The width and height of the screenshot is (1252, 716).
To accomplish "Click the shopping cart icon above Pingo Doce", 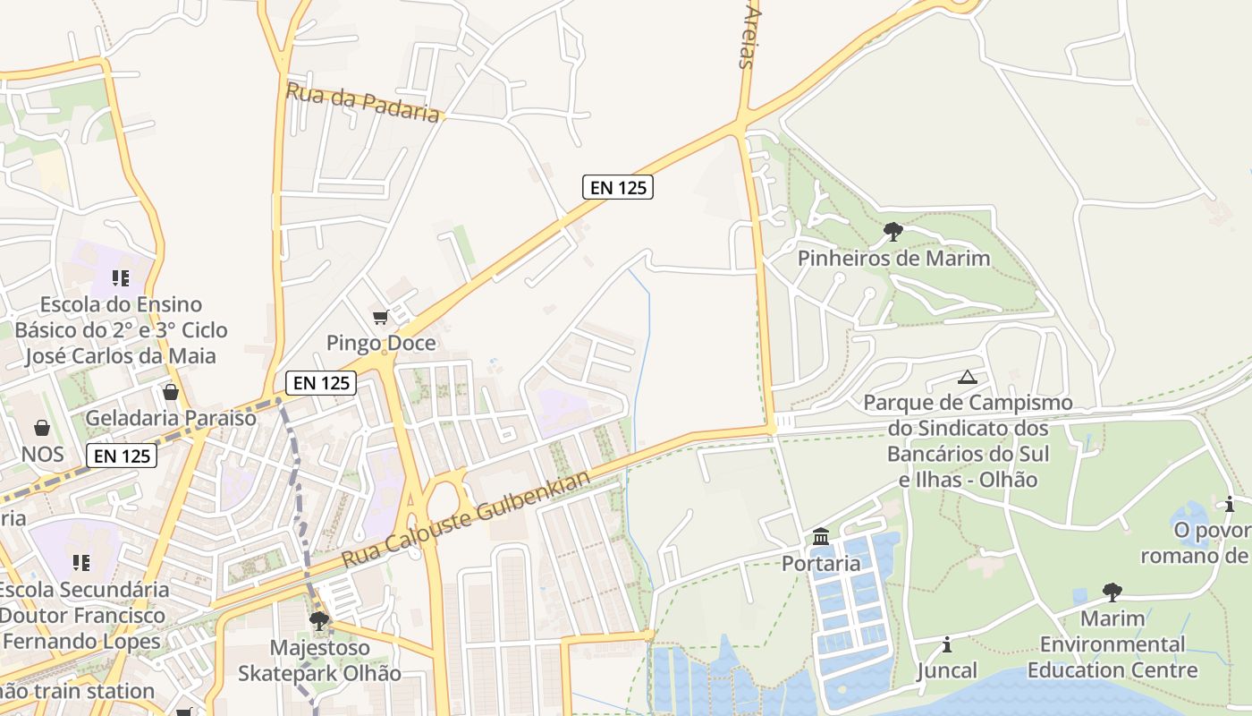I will click(x=380, y=317).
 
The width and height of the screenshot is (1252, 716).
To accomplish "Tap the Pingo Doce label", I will click(x=381, y=343).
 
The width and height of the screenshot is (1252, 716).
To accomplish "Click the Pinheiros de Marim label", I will click(x=894, y=259).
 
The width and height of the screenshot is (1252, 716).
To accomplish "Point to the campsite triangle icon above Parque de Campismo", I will click(x=967, y=377).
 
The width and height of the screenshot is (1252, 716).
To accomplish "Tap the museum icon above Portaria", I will click(x=821, y=537).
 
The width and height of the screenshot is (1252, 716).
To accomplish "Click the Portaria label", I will click(x=821, y=564).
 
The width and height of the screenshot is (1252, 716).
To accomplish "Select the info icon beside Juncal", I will click(x=947, y=644).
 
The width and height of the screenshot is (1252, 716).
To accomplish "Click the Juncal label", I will click(x=947, y=670).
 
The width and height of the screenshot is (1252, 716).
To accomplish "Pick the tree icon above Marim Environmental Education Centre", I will click(x=1112, y=592).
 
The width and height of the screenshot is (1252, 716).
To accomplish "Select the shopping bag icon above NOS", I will click(x=42, y=428).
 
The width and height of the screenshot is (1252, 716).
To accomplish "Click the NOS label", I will click(x=43, y=454).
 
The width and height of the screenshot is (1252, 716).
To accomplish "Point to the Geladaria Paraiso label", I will click(x=171, y=418).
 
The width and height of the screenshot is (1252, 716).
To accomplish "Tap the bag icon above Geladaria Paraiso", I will click(x=171, y=392).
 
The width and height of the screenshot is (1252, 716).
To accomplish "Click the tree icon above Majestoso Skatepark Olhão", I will click(x=318, y=621).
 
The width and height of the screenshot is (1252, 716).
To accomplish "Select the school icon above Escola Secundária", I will click(x=81, y=563).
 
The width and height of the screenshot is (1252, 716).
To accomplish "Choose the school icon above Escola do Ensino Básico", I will click(x=121, y=278).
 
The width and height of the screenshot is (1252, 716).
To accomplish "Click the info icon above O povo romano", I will click(x=1230, y=504).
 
